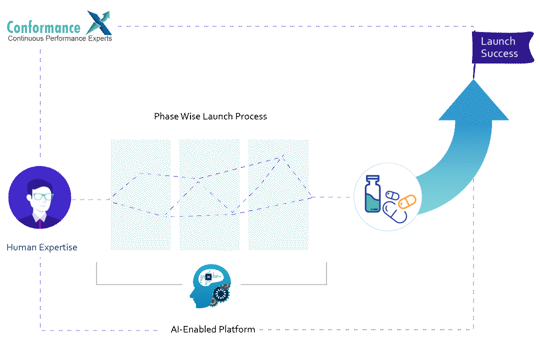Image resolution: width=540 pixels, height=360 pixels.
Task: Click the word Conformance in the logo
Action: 43,27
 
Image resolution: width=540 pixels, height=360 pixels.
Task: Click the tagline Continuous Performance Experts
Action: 60,38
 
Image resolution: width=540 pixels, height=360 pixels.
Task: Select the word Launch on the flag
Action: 497,41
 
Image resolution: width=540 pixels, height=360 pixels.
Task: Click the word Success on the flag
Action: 499,53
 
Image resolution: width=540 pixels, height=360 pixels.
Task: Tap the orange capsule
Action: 407,201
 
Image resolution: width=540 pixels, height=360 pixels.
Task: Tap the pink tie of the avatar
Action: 39,222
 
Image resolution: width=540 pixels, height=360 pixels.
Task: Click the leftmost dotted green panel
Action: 140,194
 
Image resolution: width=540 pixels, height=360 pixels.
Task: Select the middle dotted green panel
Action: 209,194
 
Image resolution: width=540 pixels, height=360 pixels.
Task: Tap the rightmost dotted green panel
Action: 278,194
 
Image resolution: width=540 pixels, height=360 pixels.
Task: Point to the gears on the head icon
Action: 220,295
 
